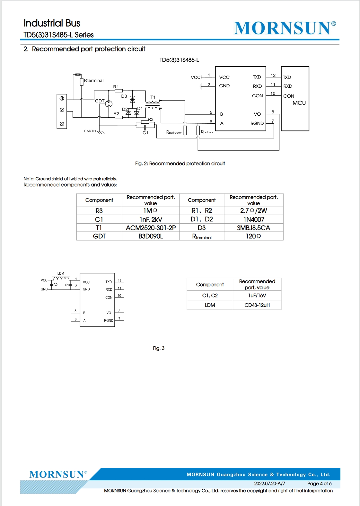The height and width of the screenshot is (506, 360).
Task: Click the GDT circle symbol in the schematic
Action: (x=109, y=104)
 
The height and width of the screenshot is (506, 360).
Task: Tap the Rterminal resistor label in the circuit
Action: (x=93, y=80)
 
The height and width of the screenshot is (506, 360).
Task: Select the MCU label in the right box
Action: (x=299, y=103)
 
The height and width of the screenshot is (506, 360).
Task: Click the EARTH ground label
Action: (x=90, y=131)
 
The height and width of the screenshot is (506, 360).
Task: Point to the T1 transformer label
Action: (x=153, y=97)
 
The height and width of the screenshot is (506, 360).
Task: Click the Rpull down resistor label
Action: (x=174, y=132)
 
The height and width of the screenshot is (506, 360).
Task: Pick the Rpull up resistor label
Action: (x=206, y=132)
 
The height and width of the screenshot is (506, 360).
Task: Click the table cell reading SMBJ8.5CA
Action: (x=253, y=228)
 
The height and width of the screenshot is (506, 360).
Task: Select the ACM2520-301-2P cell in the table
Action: (x=151, y=228)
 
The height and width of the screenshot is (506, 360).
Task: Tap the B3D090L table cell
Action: (x=151, y=236)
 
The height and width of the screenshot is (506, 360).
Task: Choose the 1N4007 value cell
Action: (x=254, y=219)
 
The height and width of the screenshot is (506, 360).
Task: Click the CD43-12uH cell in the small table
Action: (x=257, y=305)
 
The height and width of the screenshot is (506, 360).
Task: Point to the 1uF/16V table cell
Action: (x=257, y=296)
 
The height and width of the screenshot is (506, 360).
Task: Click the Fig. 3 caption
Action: (x=159, y=348)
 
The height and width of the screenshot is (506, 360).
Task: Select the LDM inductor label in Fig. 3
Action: (x=61, y=273)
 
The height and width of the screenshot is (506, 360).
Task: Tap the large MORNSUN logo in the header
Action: (x=285, y=28)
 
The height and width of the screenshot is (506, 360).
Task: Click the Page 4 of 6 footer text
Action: (x=319, y=484)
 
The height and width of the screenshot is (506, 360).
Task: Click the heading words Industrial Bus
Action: (x=52, y=23)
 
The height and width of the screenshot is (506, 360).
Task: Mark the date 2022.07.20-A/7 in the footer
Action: (x=269, y=484)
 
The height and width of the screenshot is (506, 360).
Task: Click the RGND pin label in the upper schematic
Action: (x=257, y=123)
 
